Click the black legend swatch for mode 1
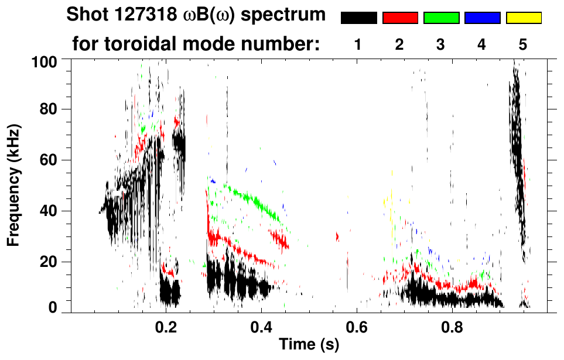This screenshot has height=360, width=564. pyautogui.click(x=359, y=18)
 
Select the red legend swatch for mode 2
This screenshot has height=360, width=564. pyautogui.click(x=400, y=18)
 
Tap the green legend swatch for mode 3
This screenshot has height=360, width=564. pyautogui.click(x=441, y=18)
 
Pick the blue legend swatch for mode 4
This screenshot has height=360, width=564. pyautogui.click(x=482, y=18)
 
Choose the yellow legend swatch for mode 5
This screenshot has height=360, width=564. pyautogui.click(x=524, y=18)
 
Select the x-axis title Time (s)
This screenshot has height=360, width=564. pyautogui.click(x=309, y=345)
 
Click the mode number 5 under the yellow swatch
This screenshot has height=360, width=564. pyautogui.click(x=523, y=44)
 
